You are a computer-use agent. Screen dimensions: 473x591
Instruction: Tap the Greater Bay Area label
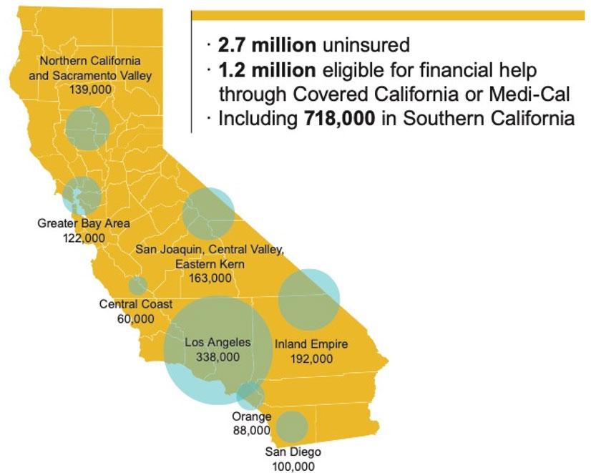(84, 223)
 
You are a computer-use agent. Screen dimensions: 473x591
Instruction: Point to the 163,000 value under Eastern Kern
(210, 278)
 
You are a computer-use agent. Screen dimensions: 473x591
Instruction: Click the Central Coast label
(136, 304)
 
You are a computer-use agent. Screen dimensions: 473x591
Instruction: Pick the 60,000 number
(135, 318)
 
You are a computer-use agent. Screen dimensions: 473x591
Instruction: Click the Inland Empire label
(311, 344)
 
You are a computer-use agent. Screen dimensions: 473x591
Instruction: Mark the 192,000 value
(311, 359)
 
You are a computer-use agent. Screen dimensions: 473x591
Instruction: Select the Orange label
(252, 416)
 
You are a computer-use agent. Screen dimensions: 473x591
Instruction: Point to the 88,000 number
(252, 430)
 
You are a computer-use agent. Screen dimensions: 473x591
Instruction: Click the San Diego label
(293, 452)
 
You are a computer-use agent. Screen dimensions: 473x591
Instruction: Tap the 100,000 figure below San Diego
(293, 466)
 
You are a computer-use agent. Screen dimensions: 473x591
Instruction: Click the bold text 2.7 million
(267, 45)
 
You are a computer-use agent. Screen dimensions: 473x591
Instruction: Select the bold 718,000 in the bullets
(336, 118)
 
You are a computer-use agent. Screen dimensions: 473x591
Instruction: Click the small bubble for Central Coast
(138, 286)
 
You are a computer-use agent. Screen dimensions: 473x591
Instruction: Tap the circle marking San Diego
(292, 426)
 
